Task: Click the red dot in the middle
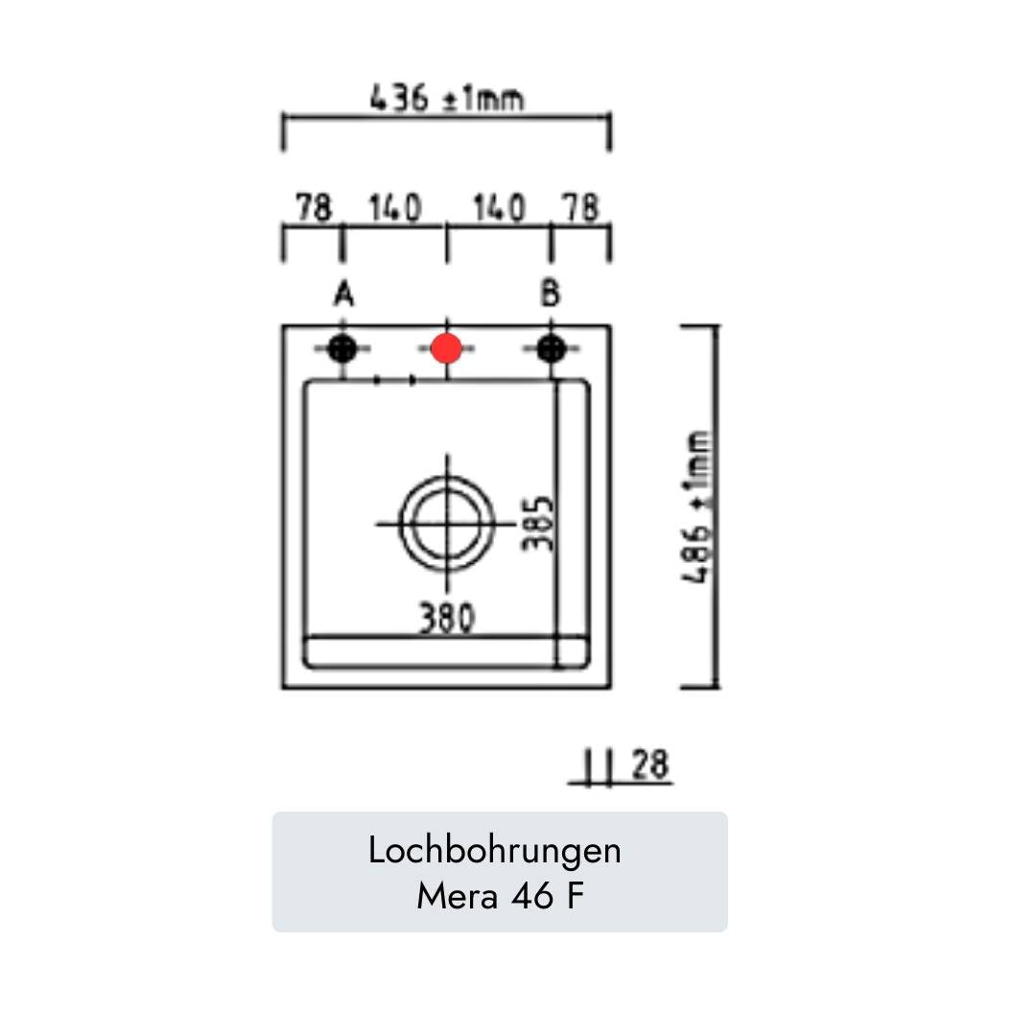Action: (446, 348)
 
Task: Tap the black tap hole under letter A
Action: (342, 348)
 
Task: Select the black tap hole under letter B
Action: (551, 348)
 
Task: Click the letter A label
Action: (343, 294)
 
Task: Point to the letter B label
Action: (551, 294)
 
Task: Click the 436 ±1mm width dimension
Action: (447, 98)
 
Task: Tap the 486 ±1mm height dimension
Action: (697, 506)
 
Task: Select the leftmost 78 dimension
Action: (313, 207)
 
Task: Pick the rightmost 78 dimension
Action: (580, 207)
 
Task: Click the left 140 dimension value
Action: (395, 207)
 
